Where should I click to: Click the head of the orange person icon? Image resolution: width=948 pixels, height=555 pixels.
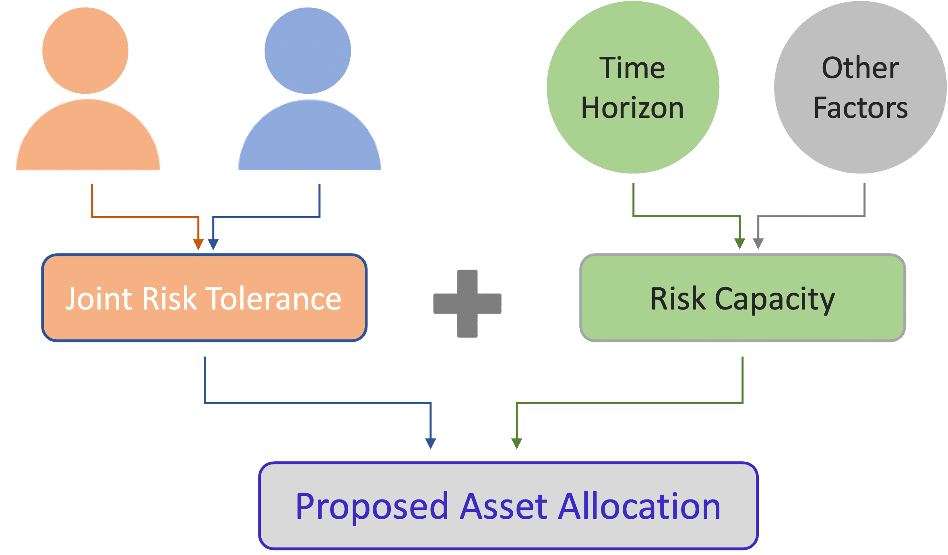[85, 51]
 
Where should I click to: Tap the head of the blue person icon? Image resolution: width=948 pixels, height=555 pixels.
[308, 51]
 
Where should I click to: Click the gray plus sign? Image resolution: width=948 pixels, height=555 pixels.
[467, 303]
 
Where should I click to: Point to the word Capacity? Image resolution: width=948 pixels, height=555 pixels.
[775, 299]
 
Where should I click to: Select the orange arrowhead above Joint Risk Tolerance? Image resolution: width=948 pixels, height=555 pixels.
[198, 244]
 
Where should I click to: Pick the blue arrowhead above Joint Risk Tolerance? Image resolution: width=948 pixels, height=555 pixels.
[213, 244]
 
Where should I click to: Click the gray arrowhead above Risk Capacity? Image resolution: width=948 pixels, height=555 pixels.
[758, 243]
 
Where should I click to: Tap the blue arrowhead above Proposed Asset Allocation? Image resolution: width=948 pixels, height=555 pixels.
[431, 444]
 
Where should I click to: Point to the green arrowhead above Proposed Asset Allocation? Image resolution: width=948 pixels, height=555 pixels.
[517, 444]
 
